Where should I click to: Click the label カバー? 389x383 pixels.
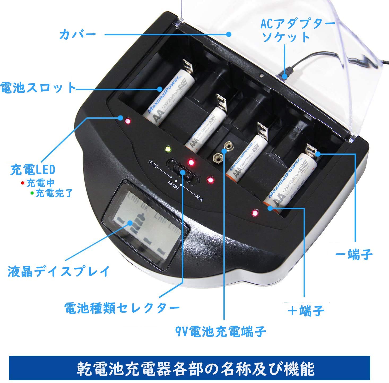tap(77, 35)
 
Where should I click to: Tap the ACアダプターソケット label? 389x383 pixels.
tap(298, 30)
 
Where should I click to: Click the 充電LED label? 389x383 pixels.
tap(33, 170)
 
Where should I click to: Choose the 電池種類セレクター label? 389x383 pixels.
tap(122, 308)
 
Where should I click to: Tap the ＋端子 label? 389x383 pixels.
tap(306, 310)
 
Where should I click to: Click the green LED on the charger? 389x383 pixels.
tap(168, 150)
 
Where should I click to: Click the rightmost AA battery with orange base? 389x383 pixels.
tap(291, 181)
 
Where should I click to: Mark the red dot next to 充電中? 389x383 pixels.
tap(23, 183)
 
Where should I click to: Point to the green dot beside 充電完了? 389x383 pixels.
tap(32, 193)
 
